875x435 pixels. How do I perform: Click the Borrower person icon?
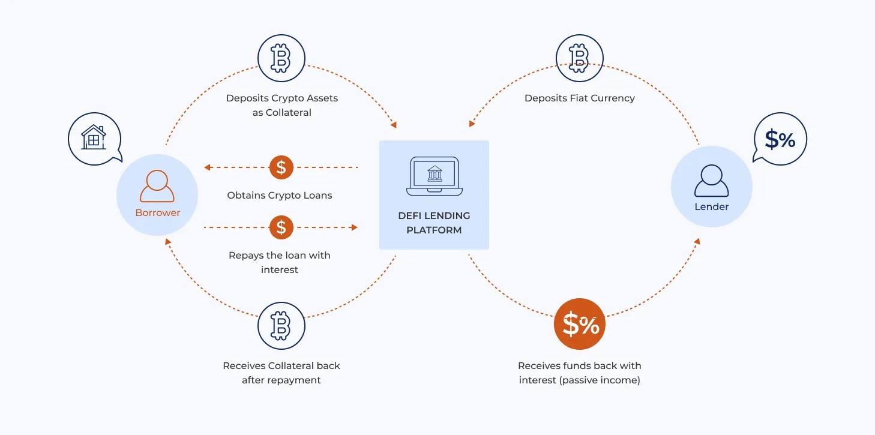[x=157, y=186]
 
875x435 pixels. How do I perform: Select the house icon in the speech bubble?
[x=94, y=138]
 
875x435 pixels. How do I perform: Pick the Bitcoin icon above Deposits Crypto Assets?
[x=281, y=59]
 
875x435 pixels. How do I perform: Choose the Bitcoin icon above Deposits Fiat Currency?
[x=579, y=59]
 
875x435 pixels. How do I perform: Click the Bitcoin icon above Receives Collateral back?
[x=281, y=326]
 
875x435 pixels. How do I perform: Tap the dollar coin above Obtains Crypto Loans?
[x=281, y=167]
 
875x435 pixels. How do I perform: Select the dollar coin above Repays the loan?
[x=281, y=227]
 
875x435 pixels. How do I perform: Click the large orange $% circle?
[x=580, y=325]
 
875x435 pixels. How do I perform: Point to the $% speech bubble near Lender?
[x=780, y=139]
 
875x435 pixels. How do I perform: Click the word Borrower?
[x=157, y=212]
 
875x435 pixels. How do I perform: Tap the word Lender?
[x=711, y=206]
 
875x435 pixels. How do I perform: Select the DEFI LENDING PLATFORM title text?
[x=434, y=223]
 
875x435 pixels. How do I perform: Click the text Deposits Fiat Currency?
[x=579, y=98]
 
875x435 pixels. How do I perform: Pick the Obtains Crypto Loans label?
[x=280, y=195]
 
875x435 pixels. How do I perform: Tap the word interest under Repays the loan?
[x=280, y=269]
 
